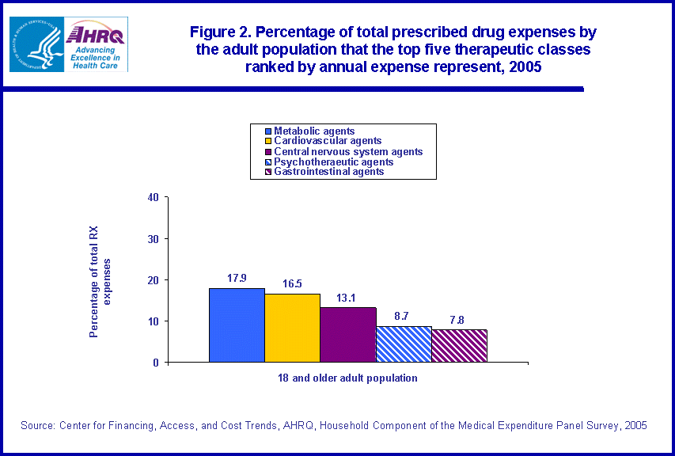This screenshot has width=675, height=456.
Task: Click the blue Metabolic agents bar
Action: pyautogui.click(x=237, y=325)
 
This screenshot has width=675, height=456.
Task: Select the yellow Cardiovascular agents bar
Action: pyautogui.click(x=292, y=328)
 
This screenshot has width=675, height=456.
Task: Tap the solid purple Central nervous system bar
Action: pyautogui.click(x=347, y=335)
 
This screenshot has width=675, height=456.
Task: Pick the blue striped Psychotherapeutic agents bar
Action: pyautogui.click(x=404, y=344)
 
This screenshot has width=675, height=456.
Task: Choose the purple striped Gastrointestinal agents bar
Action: pyautogui.click(x=459, y=346)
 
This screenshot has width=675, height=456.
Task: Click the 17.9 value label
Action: pyautogui.click(x=237, y=279)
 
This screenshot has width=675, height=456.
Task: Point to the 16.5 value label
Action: pyautogui.click(x=292, y=284)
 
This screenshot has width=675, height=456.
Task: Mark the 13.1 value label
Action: pyautogui.click(x=348, y=298)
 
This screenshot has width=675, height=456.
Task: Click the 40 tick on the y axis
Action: pyautogui.click(x=153, y=197)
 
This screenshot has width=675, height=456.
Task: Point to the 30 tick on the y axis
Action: pyautogui.click(x=153, y=238)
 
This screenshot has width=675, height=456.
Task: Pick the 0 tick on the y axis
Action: pyautogui.click(x=156, y=363)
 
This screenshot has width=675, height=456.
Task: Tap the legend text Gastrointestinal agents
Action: pyautogui.click(x=329, y=171)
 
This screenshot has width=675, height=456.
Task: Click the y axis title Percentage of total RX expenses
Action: pyautogui.click(x=100, y=280)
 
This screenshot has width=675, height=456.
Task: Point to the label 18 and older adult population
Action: pyautogui.click(x=347, y=378)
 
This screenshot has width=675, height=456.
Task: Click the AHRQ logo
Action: pyautogui.click(x=97, y=44)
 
